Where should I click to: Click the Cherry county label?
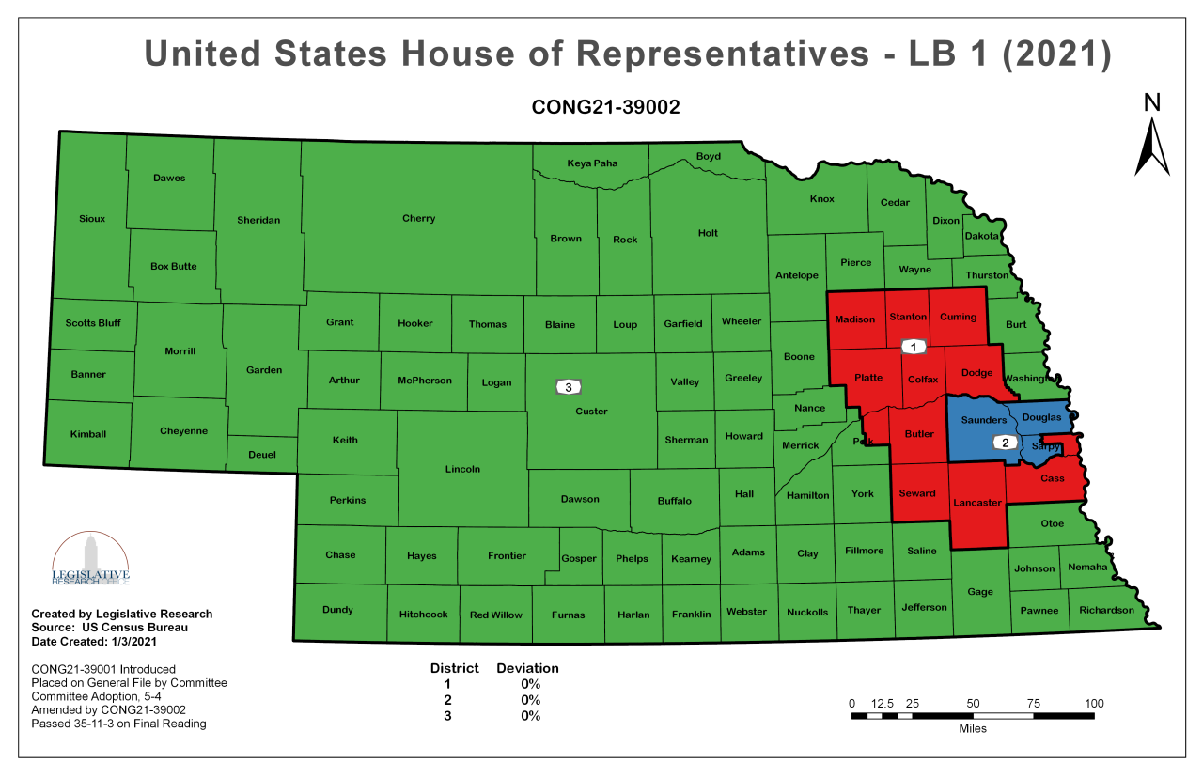tap(418, 219)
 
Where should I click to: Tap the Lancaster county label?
tap(977, 503)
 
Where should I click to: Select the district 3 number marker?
tap(567, 386)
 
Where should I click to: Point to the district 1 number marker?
tap(913, 347)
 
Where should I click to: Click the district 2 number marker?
tap(1005, 443)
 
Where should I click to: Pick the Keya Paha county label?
tap(592, 163)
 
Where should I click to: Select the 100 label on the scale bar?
tap(1093, 704)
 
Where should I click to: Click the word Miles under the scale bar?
tap(973, 729)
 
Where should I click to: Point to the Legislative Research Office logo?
tap(90, 561)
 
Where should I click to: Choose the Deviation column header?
tap(527, 668)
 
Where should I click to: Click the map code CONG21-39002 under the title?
tap(605, 107)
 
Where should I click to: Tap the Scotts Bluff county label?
tap(93, 323)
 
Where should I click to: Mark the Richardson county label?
tap(1106, 610)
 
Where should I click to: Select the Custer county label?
tap(591, 412)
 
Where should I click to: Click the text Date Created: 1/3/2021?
tap(94, 641)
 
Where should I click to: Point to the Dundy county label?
tap(337, 610)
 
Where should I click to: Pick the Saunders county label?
tap(983, 420)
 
